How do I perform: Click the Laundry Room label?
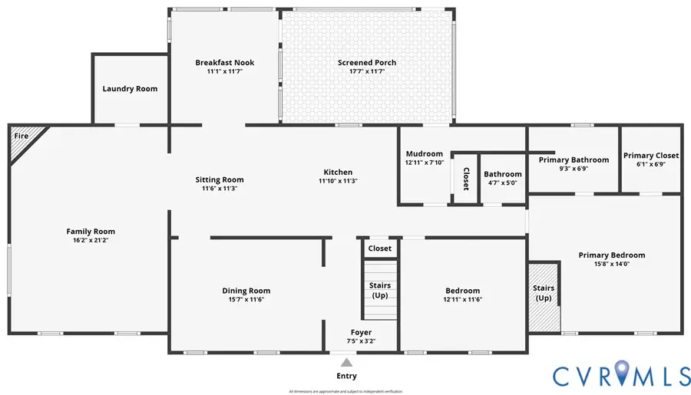coord(130,89)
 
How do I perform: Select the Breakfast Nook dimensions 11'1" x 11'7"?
coord(224,71)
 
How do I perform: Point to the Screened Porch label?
coord(366,63)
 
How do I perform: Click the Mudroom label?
coord(424,153)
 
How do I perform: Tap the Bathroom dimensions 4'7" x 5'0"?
coord(502,183)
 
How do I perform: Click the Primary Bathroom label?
coord(573,160)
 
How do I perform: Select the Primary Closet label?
coord(650,155)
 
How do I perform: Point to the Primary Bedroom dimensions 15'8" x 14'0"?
coord(611,265)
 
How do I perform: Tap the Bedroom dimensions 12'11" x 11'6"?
coord(462,300)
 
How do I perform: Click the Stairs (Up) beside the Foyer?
coord(380,290)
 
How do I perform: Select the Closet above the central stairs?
coord(379,249)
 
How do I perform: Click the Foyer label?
coord(361,332)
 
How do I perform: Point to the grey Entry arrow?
coord(346,363)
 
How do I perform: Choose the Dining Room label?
coord(246,291)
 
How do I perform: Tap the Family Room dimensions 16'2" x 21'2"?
coord(91,240)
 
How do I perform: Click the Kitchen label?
coord(338,172)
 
